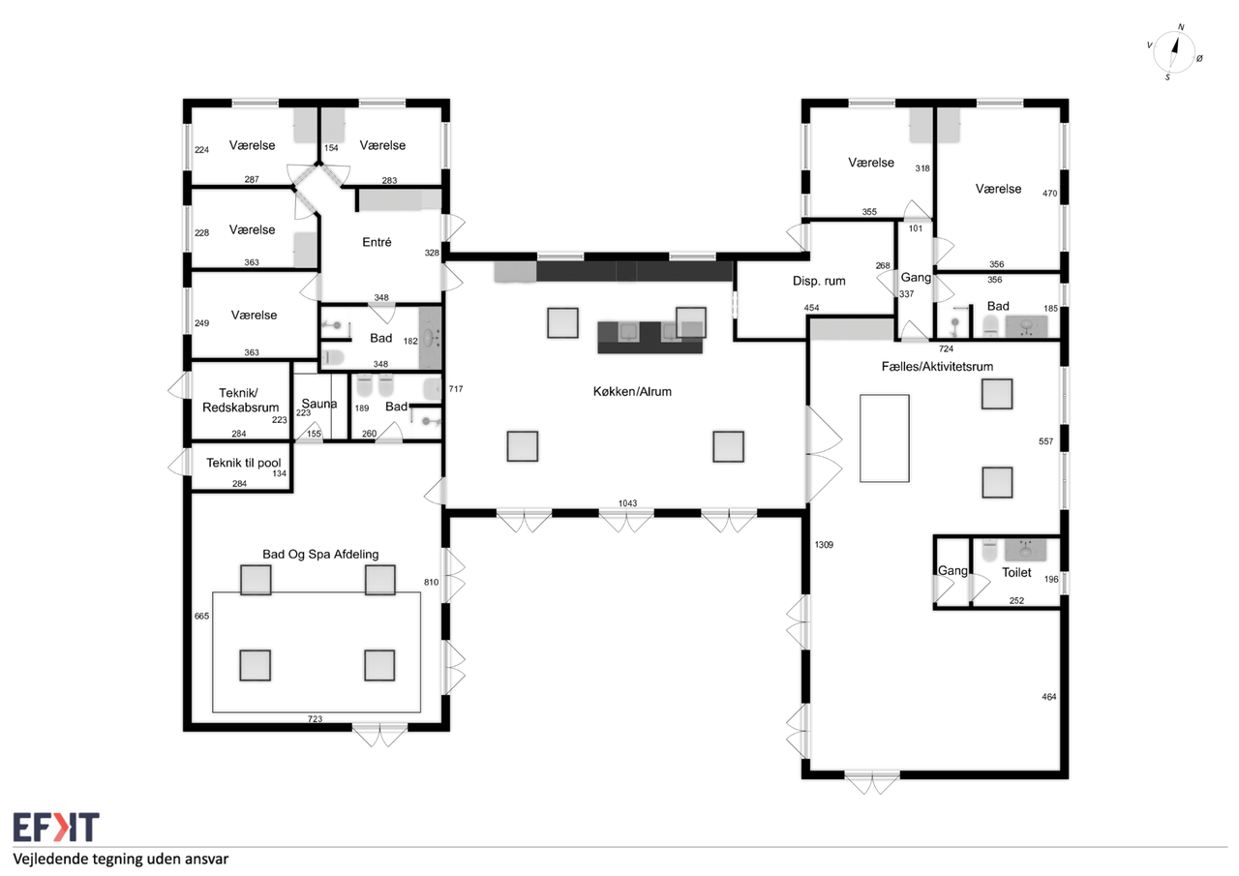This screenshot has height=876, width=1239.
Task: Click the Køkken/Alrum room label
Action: (x=632, y=392)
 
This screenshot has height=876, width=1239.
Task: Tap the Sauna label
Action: (x=319, y=404)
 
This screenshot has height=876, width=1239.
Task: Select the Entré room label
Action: (x=377, y=242)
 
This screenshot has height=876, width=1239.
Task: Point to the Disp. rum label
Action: (x=819, y=281)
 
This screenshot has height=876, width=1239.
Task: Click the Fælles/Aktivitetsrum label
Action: (x=937, y=366)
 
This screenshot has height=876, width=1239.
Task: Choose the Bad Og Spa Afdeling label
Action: (x=320, y=554)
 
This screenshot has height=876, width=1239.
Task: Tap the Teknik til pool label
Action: (x=243, y=463)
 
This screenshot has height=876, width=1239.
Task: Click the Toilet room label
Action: (x=1016, y=572)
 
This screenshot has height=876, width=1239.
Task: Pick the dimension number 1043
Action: (x=627, y=503)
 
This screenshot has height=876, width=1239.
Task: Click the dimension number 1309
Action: (x=824, y=545)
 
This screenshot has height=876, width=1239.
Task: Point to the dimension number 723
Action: (x=315, y=719)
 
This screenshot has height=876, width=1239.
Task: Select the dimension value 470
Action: (x=1049, y=193)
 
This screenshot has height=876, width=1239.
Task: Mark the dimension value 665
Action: (x=201, y=616)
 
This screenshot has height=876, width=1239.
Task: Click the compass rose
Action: (x=1175, y=52)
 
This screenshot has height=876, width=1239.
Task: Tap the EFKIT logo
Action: (x=56, y=827)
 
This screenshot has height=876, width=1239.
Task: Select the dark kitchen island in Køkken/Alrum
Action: (x=650, y=338)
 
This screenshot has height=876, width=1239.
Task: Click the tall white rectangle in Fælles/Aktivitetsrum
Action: (x=884, y=438)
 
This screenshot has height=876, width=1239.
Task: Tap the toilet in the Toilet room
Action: (x=989, y=551)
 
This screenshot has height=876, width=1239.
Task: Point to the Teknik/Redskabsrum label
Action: (x=240, y=400)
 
